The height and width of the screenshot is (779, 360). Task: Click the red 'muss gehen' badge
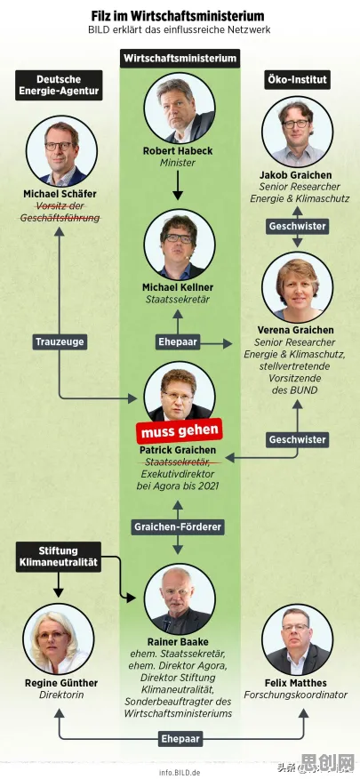tap(180, 430)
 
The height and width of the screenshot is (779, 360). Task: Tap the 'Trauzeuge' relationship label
tap(60, 341)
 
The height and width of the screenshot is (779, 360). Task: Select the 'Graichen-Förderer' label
tap(178, 527)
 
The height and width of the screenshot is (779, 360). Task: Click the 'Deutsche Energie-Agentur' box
tap(59, 85)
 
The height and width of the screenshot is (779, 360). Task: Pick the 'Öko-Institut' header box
tap(298, 79)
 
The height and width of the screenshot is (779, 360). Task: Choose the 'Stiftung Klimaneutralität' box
tap(59, 557)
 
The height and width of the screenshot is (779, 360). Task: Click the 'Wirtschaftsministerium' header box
tap(180, 58)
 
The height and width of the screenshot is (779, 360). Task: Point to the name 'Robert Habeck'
tap(179, 150)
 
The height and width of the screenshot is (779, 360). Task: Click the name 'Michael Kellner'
tap(178, 287)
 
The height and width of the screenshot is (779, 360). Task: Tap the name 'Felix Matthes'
tap(295, 683)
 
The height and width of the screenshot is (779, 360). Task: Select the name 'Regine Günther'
tap(61, 683)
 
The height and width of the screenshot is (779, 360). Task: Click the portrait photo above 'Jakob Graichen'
tap(298, 132)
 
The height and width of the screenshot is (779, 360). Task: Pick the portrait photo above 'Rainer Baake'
tap(180, 598)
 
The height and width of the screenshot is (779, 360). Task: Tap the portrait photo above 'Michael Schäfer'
tap(61, 151)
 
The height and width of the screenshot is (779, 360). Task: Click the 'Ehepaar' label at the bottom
tap(180, 739)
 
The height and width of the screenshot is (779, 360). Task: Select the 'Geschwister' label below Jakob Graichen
tap(298, 226)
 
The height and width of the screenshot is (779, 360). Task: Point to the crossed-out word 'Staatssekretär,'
tap(178, 462)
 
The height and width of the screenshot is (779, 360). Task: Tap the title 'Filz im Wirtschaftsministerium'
tap(178, 16)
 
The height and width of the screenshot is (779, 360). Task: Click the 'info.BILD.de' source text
tap(180, 773)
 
